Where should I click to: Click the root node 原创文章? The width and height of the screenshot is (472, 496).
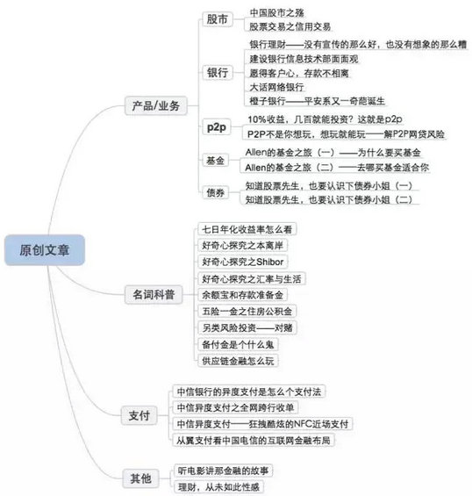point(45,250)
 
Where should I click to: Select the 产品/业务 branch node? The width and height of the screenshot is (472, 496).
point(156,105)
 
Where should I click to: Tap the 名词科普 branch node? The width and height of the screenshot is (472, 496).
point(154,294)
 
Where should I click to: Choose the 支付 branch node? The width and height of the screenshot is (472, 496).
point(139,415)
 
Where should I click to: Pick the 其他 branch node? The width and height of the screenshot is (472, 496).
point(140,478)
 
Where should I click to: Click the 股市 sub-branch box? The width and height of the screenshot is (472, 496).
point(218,19)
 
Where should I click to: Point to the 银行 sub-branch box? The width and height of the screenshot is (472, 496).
point(218,73)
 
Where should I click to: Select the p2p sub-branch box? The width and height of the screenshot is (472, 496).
point(217,127)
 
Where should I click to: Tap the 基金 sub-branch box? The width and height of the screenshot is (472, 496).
point(215,161)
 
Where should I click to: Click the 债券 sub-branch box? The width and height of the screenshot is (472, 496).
point(215,192)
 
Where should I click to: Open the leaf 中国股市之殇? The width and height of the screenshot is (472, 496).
point(276,13)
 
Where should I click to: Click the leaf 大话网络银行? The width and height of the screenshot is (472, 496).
point(276,87)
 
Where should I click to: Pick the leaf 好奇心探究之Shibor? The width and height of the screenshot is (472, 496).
point(243,262)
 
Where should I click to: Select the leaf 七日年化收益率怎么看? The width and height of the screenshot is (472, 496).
point(247,229)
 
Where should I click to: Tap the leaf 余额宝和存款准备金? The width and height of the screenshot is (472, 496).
point(242,295)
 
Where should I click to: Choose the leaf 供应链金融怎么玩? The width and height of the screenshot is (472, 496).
point(238,361)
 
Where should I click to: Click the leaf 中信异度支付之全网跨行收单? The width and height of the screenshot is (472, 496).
point(235,407)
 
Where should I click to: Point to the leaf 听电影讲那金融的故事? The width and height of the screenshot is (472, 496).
point(223,471)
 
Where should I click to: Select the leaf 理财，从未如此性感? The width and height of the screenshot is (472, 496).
point(218,487)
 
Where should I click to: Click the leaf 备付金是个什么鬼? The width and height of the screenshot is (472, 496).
point(238,344)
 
